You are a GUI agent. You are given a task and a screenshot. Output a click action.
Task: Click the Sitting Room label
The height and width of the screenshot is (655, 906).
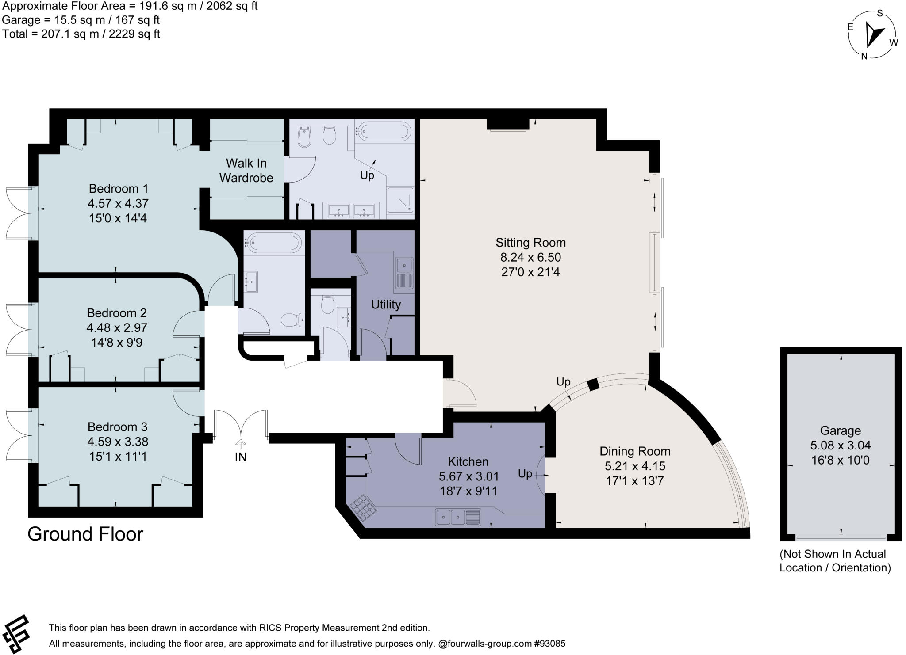pyautogui.click(x=530, y=243)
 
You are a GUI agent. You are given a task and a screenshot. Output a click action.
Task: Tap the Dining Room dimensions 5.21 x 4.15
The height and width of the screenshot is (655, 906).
pyautogui.click(x=635, y=466)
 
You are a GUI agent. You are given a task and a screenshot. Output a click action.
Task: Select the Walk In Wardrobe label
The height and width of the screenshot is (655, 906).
pyautogui.click(x=246, y=171)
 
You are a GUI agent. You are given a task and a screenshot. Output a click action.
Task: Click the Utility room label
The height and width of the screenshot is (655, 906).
pyautogui.click(x=386, y=305)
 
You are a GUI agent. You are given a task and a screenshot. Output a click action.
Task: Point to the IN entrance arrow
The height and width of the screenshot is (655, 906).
pyautogui.click(x=241, y=444)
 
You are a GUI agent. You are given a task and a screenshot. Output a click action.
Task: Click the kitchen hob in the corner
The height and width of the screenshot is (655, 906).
pyautogui.click(x=364, y=509)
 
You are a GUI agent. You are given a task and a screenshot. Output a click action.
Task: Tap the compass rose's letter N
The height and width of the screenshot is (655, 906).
pyautogui.click(x=864, y=56)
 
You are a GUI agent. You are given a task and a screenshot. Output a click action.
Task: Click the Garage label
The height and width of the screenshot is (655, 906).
pyautogui.click(x=840, y=430)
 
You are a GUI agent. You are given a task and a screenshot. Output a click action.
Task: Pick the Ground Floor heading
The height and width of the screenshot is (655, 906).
pyautogui.click(x=85, y=534)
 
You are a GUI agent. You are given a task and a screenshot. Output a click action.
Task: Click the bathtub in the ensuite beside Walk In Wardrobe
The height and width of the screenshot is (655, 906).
pyautogui.click(x=384, y=131)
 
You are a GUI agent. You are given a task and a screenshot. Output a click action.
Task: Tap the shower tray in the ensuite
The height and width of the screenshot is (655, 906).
pyautogui.click(x=400, y=200)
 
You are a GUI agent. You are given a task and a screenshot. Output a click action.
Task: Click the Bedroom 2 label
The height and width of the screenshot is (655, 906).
pyautogui.click(x=117, y=313)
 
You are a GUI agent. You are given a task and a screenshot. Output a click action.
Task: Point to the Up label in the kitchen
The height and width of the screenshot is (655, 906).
pyautogui.click(x=525, y=474)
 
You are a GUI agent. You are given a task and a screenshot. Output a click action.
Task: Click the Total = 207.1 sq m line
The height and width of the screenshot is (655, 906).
pyautogui.click(x=81, y=34)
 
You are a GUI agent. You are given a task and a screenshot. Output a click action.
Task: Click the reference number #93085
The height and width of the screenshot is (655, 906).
pyautogui.click(x=550, y=644)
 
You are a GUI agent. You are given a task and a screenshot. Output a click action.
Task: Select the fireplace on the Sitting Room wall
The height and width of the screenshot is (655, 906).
pyautogui.click(x=508, y=125)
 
